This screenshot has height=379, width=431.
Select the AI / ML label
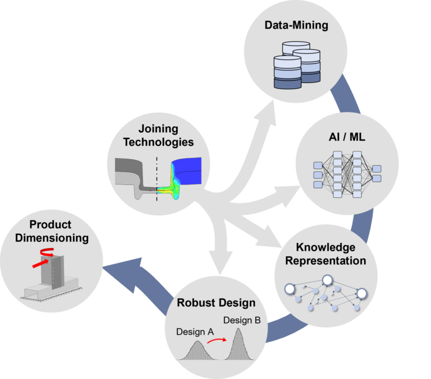click(x=347, y=137)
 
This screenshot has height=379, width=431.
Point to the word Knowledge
click(x=325, y=247)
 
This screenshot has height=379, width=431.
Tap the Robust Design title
click(x=216, y=303)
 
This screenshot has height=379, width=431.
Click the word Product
click(x=51, y=224)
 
